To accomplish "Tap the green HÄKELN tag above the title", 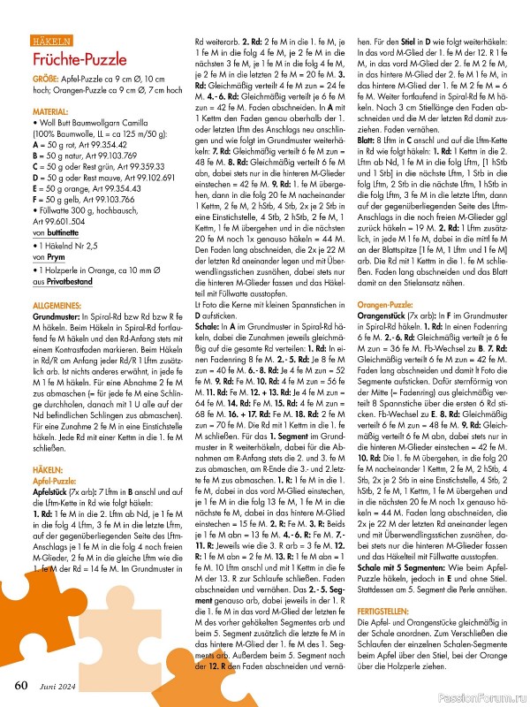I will click(x=52, y=42).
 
